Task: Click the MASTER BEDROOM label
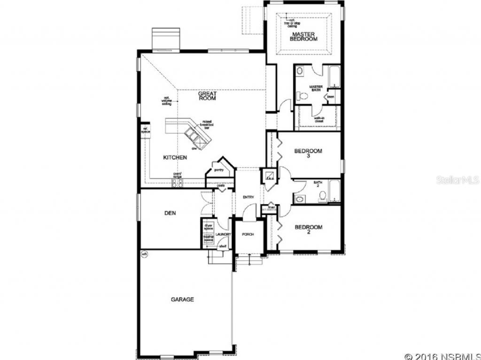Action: pyautogui.click(x=304, y=37)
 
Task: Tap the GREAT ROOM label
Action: pyautogui.click(x=207, y=96)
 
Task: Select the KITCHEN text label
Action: pyautogui.click(x=175, y=158)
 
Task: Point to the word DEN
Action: pyautogui.click(x=170, y=213)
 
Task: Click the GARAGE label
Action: pyautogui.click(x=182, y=299)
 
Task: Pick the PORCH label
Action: pyautogui.click(x=248, y=234)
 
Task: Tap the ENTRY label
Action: pyautogui.click(x=248, y=197)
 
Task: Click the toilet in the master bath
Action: pyautogui.click(x=303, y=96)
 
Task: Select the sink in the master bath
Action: pyautogui.click(x=301, y=72)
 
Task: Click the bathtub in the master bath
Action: pyautogui.click(x=334, y=78)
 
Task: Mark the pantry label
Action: pyautogui.click(x=218, y=170)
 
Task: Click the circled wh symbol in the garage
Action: pyautogui.click(x=144, y=254)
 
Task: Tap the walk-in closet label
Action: pyautogui.click(x=319, y=119)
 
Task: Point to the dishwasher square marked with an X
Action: pyautogui.click(x=201, y=141)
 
